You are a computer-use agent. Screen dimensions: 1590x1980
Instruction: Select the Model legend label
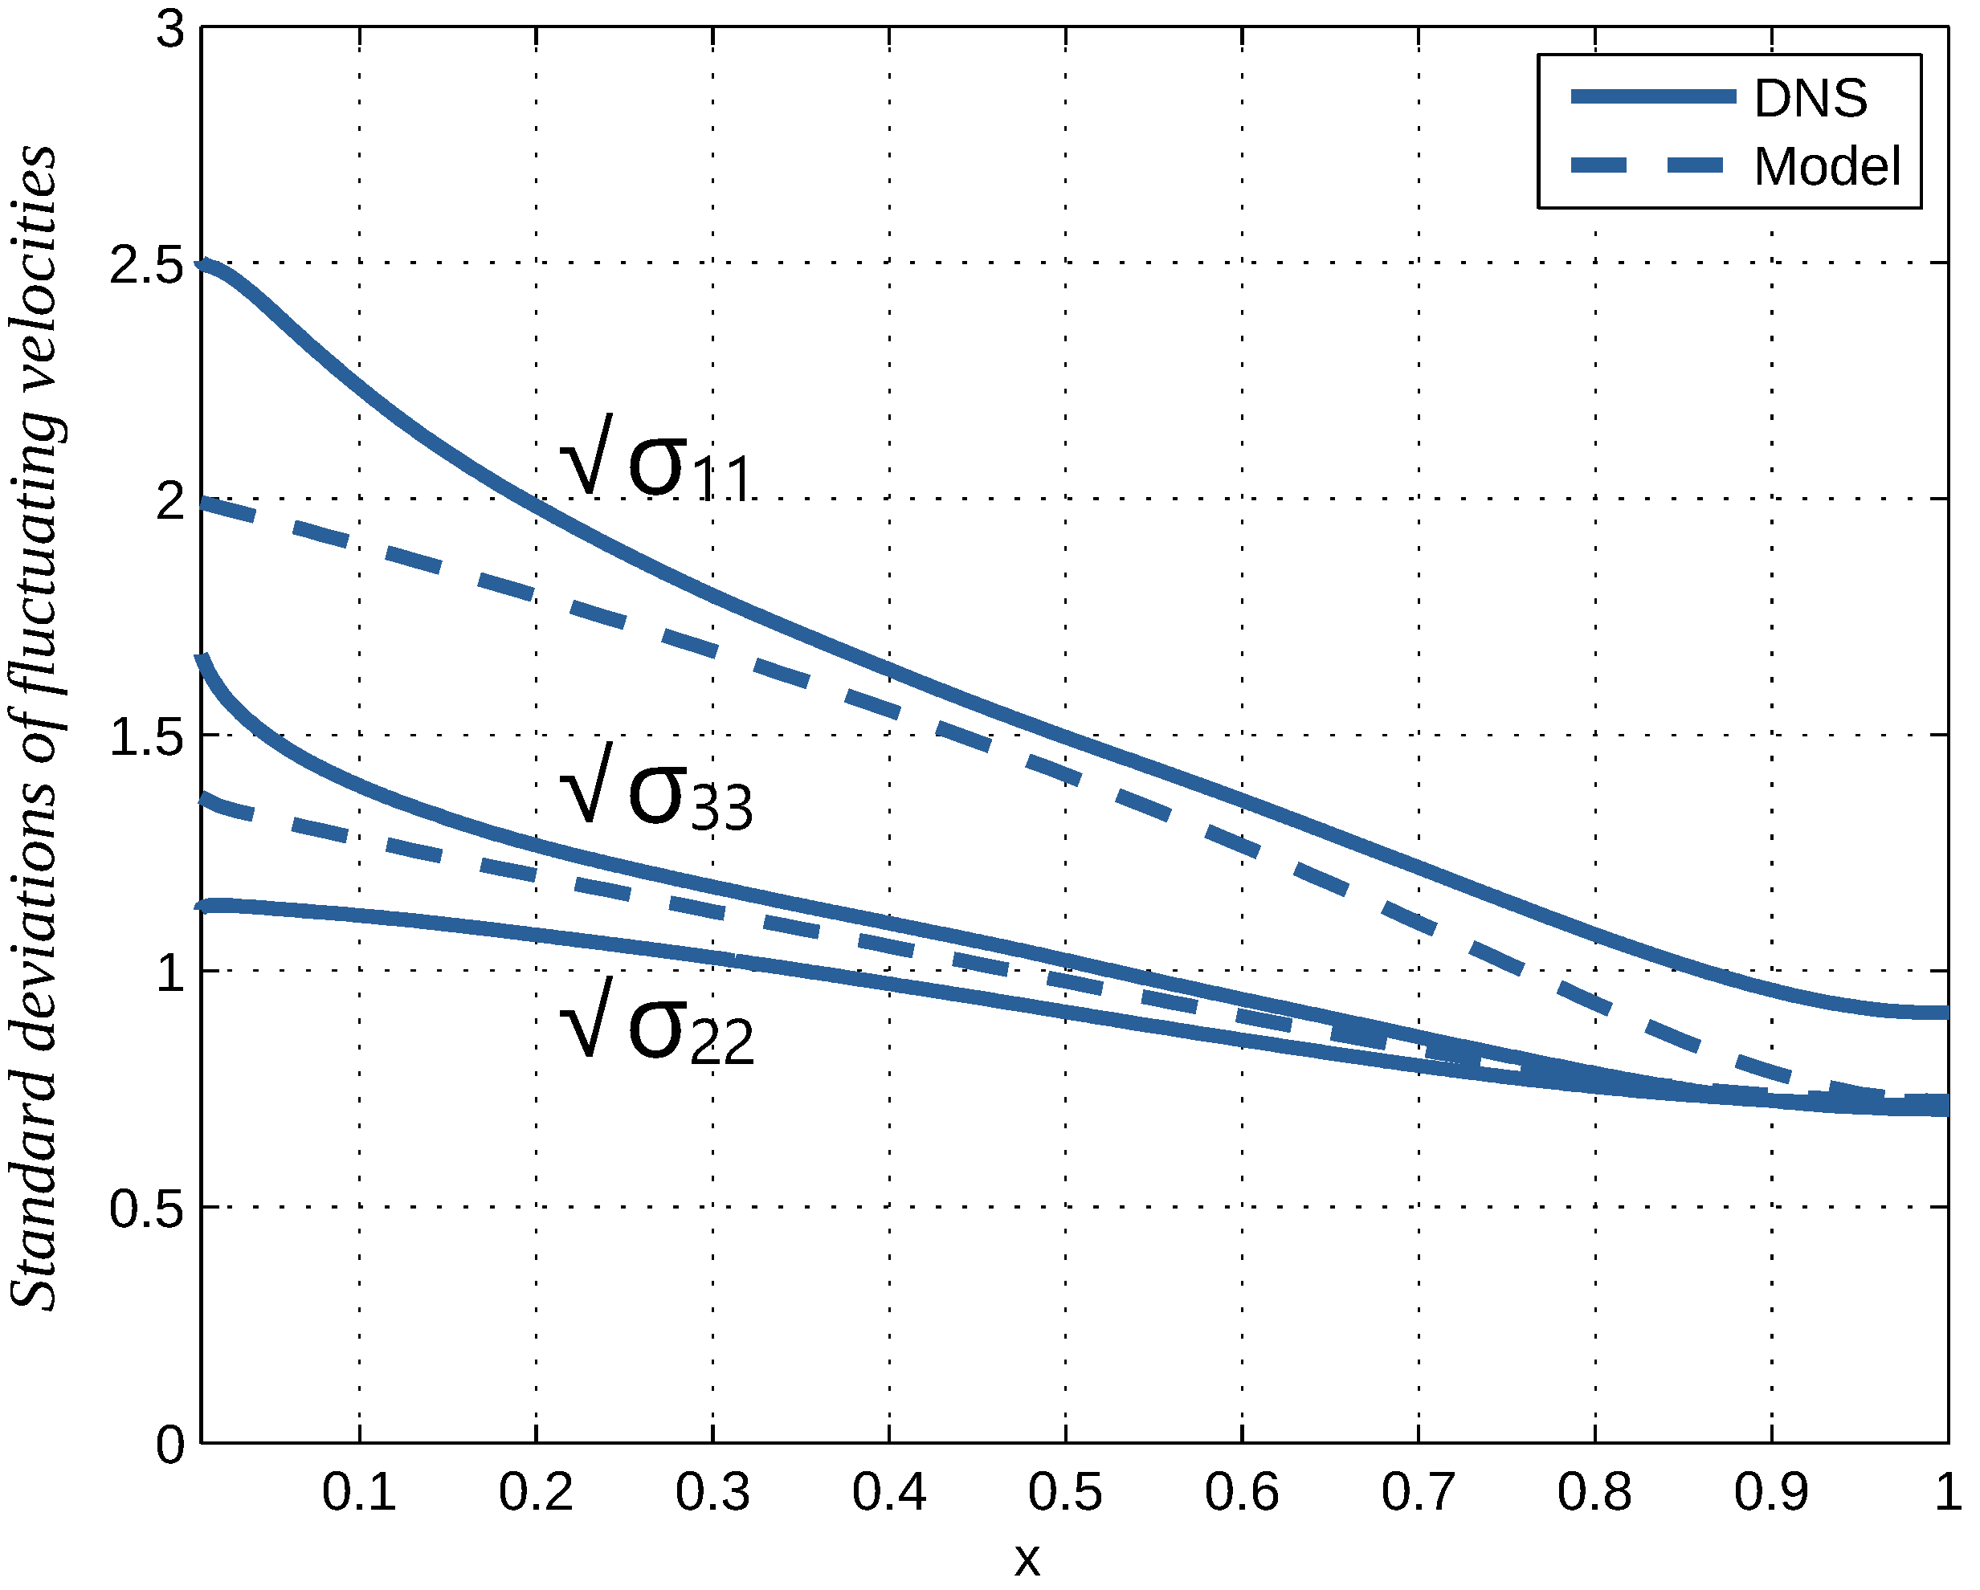click(1827, 167)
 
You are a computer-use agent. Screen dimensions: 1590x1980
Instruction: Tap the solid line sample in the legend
click(1653, 96)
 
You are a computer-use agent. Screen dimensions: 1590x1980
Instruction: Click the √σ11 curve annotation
click(656, 459)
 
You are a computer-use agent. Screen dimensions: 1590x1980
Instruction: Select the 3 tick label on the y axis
click(170, 30)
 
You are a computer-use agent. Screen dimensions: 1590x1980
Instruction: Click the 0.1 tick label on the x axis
click(359, 1492)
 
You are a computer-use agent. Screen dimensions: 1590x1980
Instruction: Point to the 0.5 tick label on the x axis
click(1065, 1492)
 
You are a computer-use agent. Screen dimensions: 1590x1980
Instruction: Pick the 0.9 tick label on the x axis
click(1770, 1492)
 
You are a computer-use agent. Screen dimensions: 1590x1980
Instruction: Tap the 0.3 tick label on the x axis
click(712, 1492)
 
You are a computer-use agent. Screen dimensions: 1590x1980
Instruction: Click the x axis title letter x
click(1027, 1559)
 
